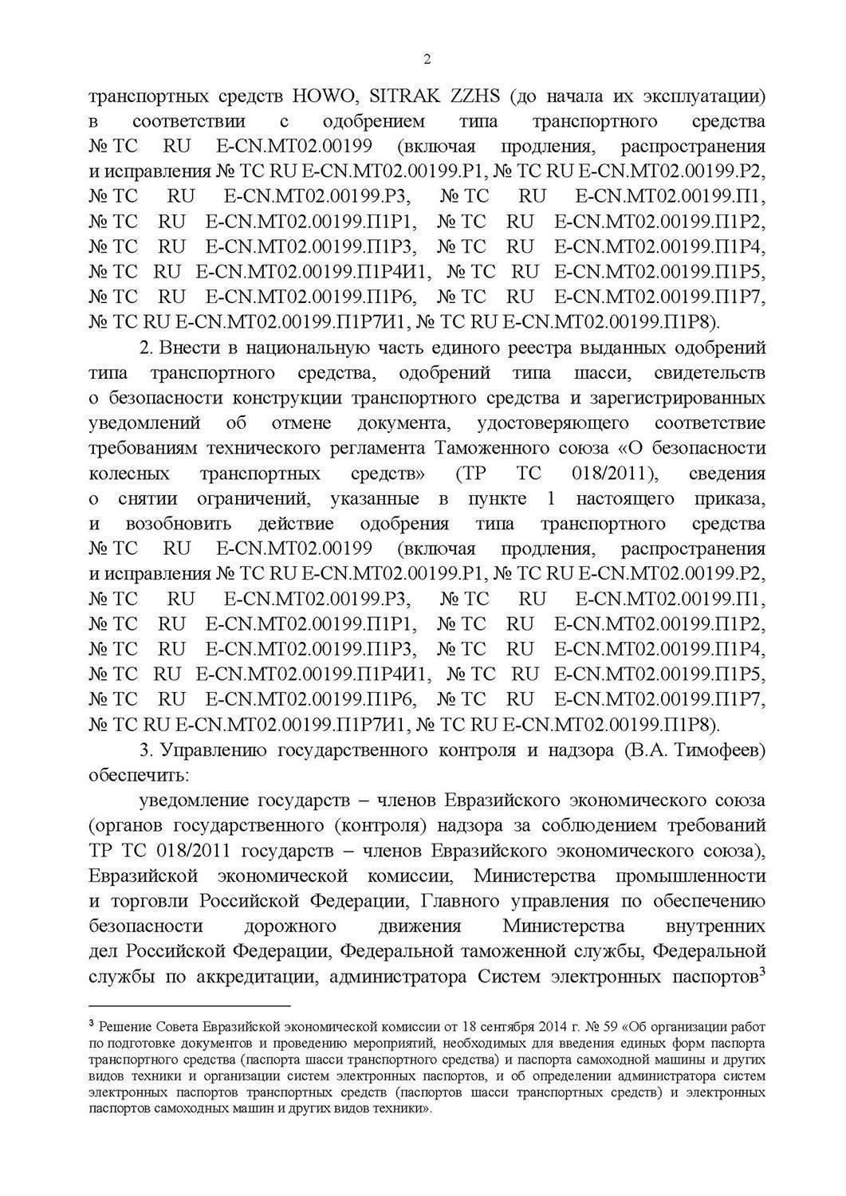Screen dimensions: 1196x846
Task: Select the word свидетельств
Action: tap(709, 373)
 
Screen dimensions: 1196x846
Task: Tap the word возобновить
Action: tap(179, 524)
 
